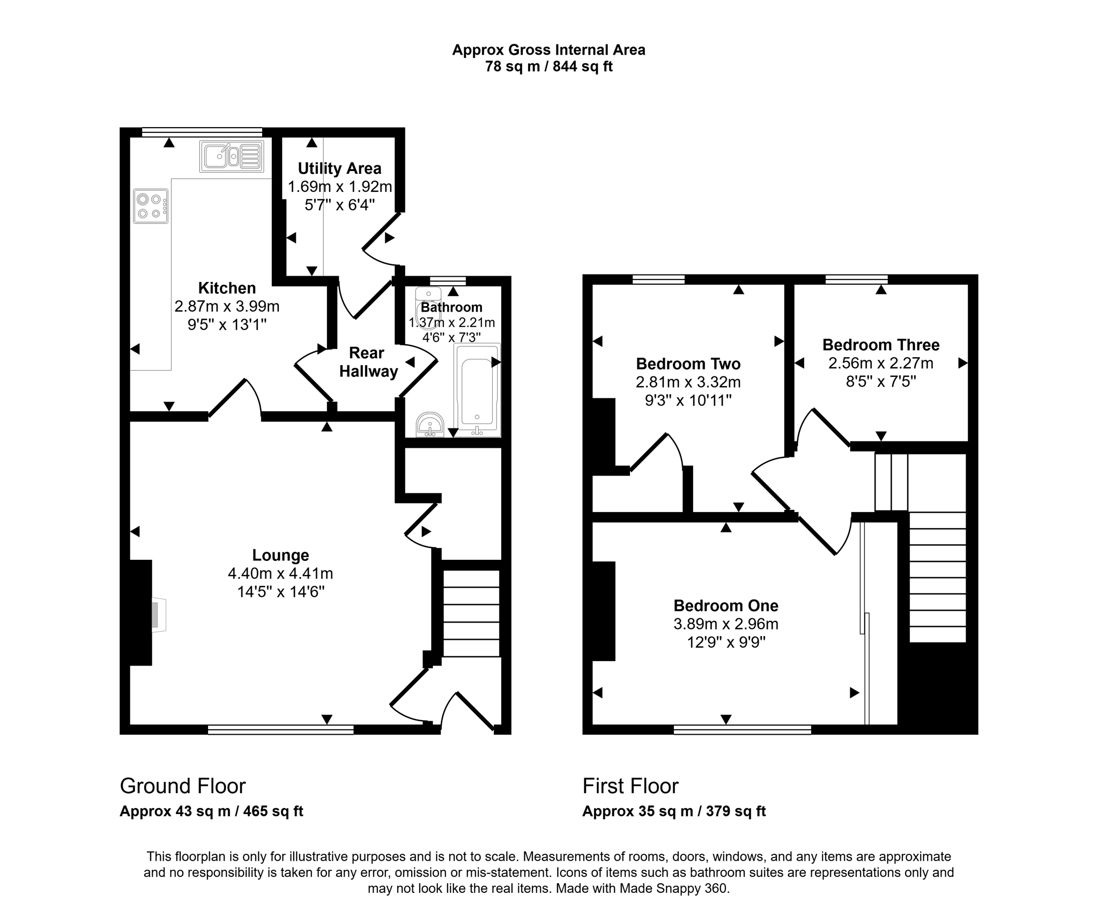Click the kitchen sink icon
232,156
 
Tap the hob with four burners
151,206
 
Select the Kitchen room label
227,288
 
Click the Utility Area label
339,168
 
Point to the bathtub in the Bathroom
477,390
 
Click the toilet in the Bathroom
428,306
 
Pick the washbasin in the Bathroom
430,425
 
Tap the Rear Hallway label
368,362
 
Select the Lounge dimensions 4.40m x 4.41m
280,573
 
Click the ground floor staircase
471,613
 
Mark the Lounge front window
280,729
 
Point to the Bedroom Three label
881,344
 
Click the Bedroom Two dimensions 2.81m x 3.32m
688,382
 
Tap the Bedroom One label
726,605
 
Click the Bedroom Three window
856,279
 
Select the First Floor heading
630,786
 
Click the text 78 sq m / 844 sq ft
548,66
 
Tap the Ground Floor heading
183,786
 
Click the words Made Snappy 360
674,888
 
